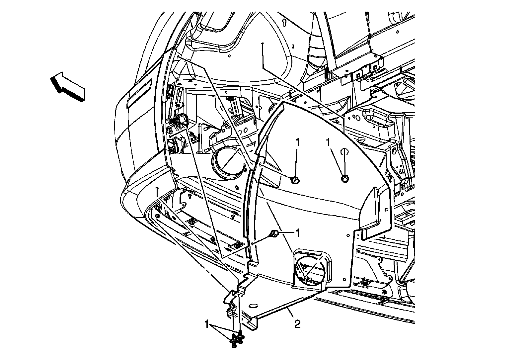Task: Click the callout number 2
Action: point(297,324)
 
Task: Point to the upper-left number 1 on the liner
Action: point(297,142)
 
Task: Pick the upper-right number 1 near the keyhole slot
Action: point(328,142)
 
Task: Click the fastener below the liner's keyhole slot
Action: point(345,179)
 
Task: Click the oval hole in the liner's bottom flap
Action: point(253,306)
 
